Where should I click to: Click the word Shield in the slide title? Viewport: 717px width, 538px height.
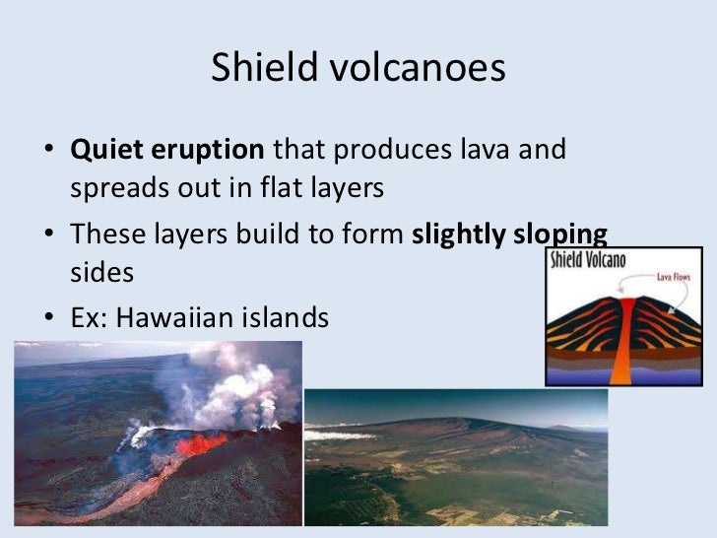[x=257, y=69]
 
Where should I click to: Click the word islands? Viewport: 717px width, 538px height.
[x=293, y=317]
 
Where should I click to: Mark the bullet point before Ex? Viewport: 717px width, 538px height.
[x=48, y=319]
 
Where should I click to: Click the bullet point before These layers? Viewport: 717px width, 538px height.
[x=48, y=235]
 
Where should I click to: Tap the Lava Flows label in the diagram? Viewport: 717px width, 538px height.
[x=680, y=277]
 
